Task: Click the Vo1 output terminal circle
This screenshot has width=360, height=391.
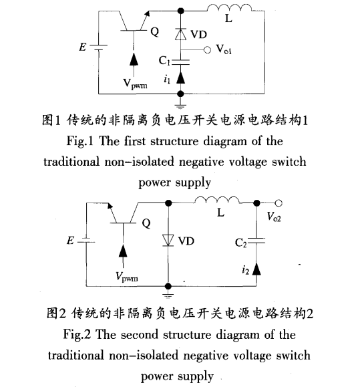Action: (x=207, y=49)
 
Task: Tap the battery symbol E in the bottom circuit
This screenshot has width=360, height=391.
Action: (x=81, y=239)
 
